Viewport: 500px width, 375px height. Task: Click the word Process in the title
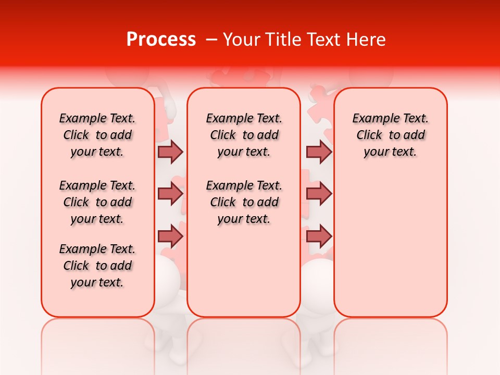pos(161,40)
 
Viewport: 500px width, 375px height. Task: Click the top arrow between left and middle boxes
pos(170,152)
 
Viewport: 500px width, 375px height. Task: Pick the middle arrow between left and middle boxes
pos(170,194)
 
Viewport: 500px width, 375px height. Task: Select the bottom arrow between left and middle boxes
pos(170,236)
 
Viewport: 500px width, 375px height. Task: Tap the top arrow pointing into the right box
pos(319,152)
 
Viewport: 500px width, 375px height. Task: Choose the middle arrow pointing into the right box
pos(319,194)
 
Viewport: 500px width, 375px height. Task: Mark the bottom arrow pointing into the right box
pos(319,236)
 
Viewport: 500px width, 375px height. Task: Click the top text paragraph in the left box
pos(97,135)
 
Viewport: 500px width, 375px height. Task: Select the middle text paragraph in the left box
pos(97,202)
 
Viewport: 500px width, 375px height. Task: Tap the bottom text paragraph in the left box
pos(97,266)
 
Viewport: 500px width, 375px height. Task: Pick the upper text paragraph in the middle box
pos(244,135)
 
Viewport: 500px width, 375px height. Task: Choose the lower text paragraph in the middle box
pos(244,202)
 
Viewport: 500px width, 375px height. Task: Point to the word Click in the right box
pos(369,135)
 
